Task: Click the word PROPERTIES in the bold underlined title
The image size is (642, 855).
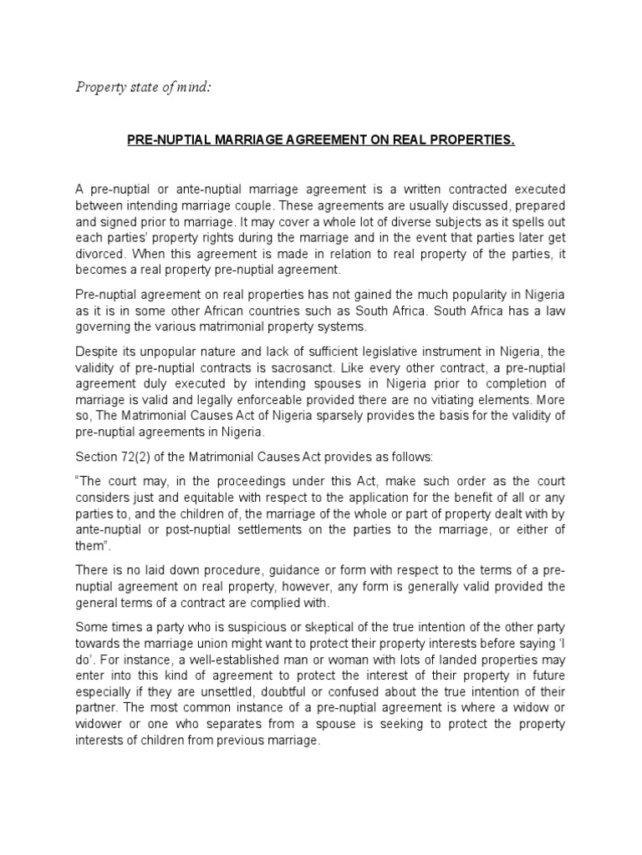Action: [x=472, y=142]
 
